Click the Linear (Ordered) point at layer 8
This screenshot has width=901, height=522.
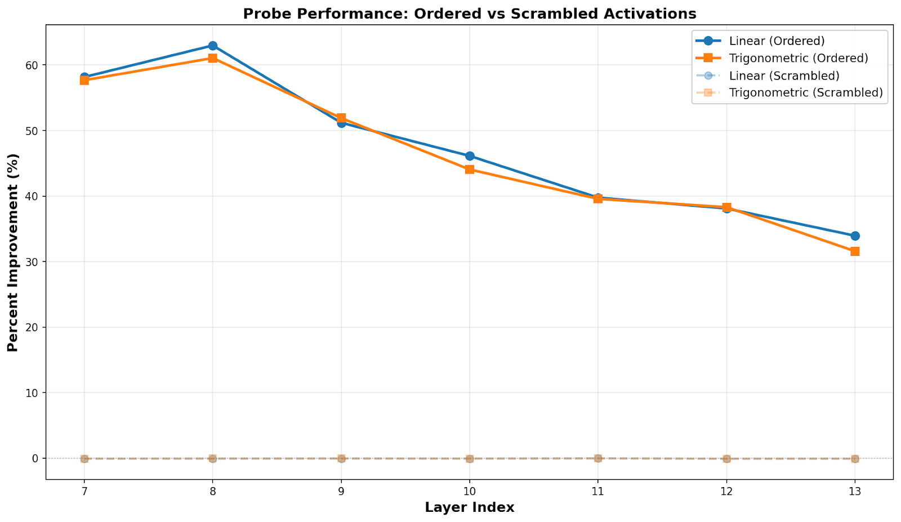pos(212,46)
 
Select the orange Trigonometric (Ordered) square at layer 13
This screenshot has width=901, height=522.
pos(855,251)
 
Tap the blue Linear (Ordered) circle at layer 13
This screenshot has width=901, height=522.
pos(855,236)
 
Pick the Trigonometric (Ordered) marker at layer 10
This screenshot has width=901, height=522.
pos(469,169)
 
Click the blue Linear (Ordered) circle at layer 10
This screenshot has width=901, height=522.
pos(469,156)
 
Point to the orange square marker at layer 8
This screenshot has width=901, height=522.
pos(212,58)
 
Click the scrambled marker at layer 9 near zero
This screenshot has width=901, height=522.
pos(341,458)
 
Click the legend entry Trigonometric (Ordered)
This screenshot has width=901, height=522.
pos(798,58)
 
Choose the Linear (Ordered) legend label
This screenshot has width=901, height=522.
pos(777,41)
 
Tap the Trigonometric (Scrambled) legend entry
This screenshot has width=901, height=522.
pos(805,92)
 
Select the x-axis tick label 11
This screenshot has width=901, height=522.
pos(597,492)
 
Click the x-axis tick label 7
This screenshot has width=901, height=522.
pos(84,492)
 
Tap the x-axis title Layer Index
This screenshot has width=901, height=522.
pos(469,507)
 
